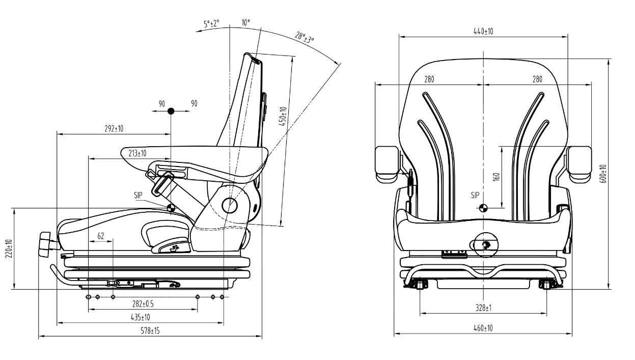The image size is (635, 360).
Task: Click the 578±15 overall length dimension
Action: (150, 331)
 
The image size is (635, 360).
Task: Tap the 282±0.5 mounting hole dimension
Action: (143, 304)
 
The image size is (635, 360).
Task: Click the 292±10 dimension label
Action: (114, 129)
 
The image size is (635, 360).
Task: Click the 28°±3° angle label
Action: (305, 38)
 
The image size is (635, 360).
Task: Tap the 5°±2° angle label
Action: (211, 24)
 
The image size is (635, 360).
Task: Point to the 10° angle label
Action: (246, 23)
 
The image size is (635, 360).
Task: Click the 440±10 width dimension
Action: (483, 31)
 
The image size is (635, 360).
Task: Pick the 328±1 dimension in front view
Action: (483, 308)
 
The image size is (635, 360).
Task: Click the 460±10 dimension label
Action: (483, 328)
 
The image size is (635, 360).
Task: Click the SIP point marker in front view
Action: (483, 207)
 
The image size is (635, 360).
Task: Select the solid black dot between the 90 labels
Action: (171, 110)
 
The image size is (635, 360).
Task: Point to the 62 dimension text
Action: (101, 236)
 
